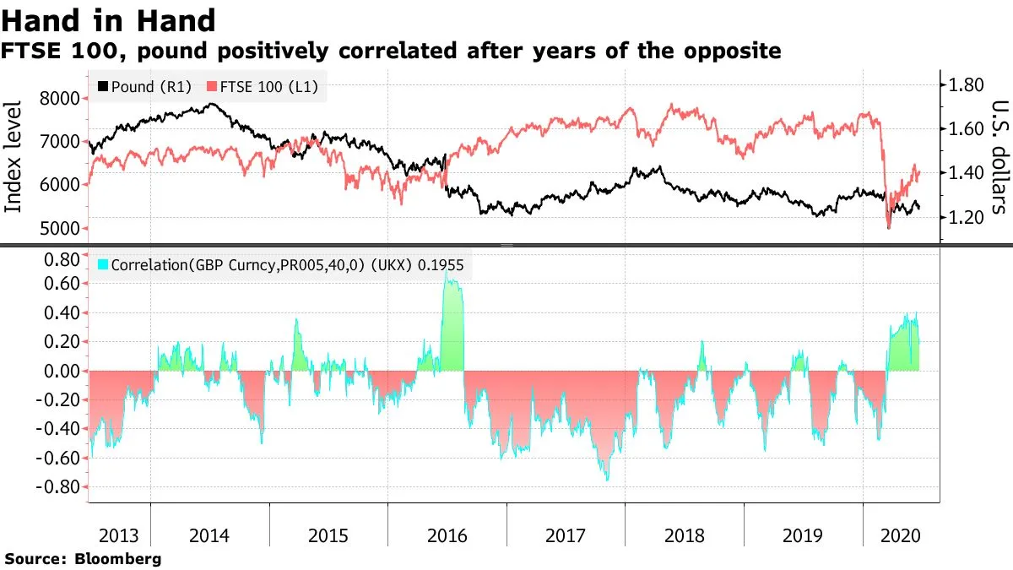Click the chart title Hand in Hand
[x=109, y=19]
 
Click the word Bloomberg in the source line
[x=118, y=559]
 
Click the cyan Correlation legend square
[x=103, y=265]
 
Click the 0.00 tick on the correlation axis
[x=62, y=371]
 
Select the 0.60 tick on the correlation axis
[x=62, y=284]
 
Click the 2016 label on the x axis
[x=447, y=535]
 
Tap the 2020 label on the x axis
[x=897, y=535]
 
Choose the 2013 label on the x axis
[x=118, y=535]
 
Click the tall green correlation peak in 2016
[x=453, y=321]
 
